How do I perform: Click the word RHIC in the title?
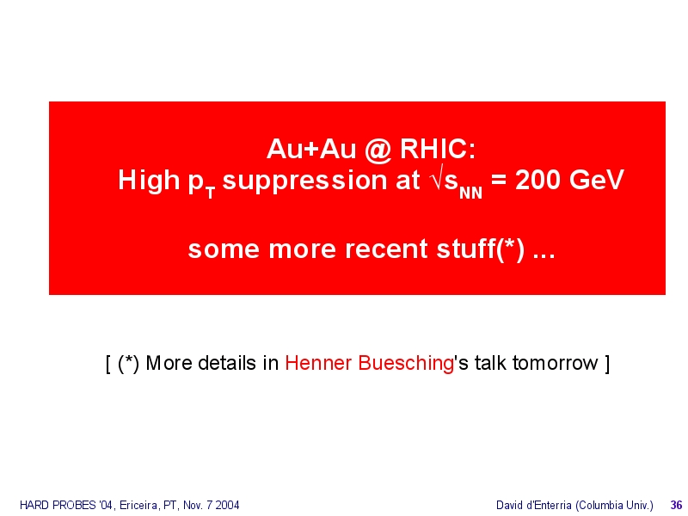437,149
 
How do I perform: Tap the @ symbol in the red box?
378,150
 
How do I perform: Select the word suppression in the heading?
321,181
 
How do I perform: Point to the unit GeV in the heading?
596,180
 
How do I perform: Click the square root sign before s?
437,179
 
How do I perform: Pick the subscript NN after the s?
470,193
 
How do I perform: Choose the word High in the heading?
149,181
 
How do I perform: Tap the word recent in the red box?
386,249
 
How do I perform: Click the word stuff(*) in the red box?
480,249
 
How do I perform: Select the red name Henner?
318,363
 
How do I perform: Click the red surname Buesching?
406,364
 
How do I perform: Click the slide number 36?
676,505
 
